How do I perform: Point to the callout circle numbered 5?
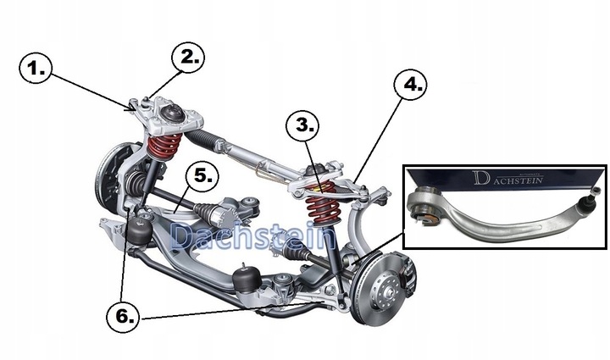(202, 174)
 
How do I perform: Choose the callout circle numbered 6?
(122, 317)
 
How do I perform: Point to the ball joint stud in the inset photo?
(584, 203)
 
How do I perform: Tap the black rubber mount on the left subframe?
(141, 229)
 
